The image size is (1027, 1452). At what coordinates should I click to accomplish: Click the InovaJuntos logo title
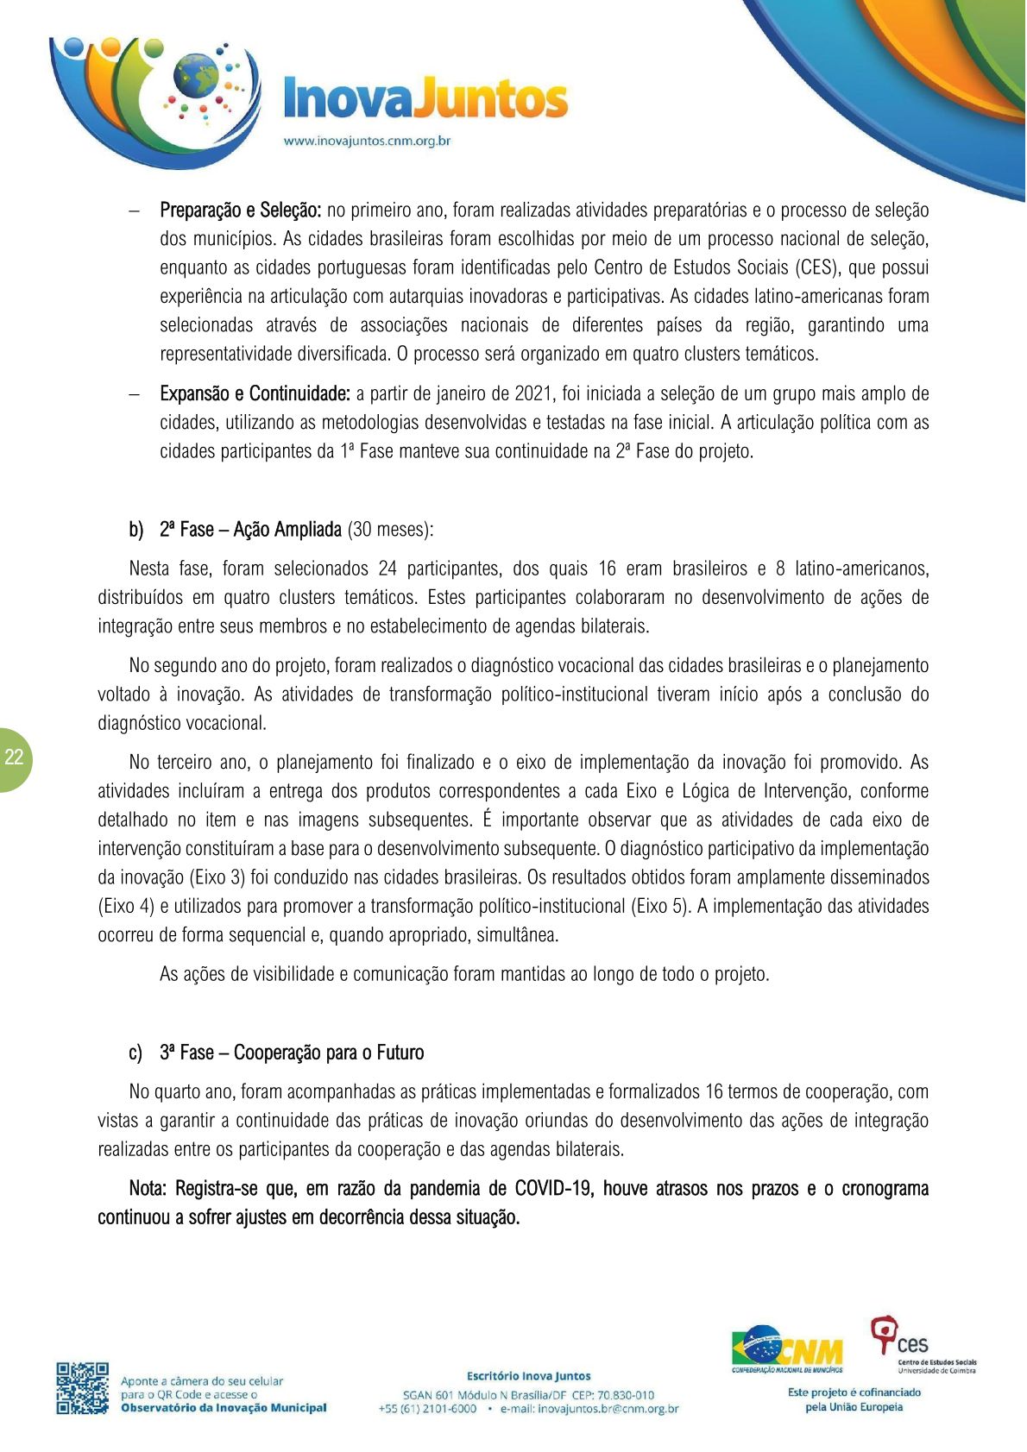[425, 100]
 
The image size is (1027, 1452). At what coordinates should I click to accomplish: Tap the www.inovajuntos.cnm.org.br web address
[368, 141]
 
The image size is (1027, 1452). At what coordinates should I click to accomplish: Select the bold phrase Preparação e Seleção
[241, 211]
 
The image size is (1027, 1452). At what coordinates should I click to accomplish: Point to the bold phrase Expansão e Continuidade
[255, 394]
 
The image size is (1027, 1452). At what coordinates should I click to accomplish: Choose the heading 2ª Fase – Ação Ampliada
[250, 530]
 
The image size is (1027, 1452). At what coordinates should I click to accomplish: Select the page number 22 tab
[15, 758]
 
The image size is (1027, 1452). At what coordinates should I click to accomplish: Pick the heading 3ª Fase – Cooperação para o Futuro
[292, 1053]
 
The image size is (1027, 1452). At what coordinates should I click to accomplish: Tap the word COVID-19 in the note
[553, 1189]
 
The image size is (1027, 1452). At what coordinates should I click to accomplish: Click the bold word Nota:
[148, 1189]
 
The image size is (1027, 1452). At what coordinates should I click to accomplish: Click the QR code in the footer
[83, 1388]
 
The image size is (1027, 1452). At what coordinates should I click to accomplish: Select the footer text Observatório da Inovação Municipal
[224, 1408]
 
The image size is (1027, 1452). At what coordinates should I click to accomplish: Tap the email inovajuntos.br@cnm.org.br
[589, 1409]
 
